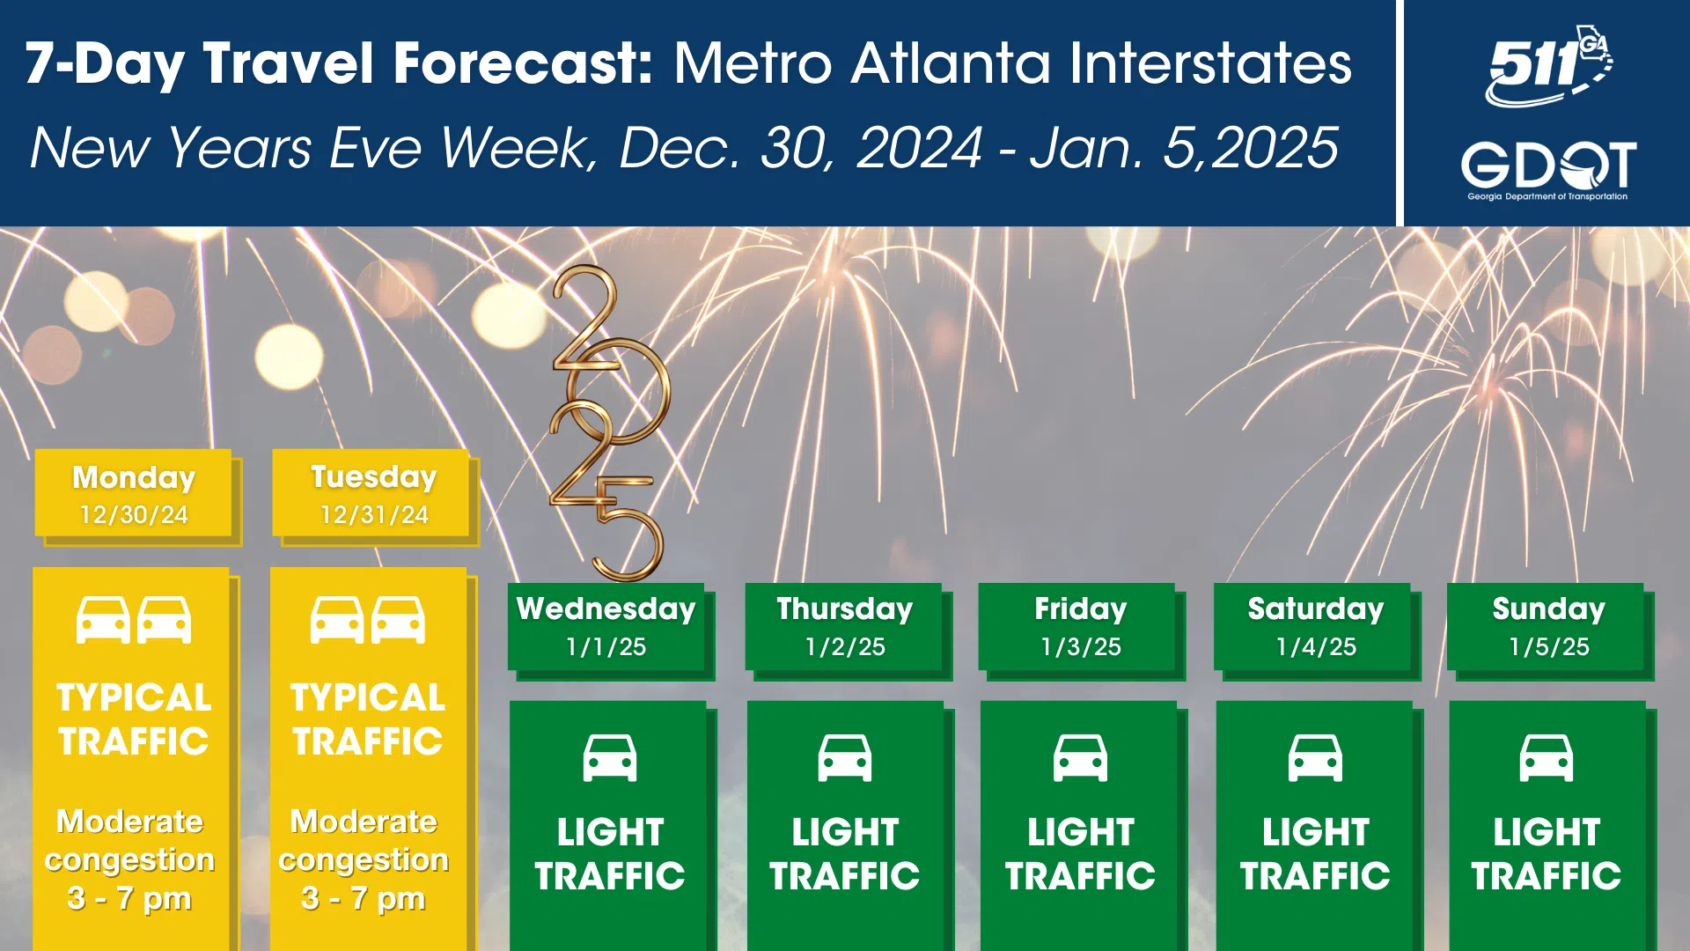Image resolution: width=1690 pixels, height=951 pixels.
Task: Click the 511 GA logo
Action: point(1549,66)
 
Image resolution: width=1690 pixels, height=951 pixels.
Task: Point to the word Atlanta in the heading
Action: point(952,63)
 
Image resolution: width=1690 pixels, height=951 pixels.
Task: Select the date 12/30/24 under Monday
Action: point(134,515)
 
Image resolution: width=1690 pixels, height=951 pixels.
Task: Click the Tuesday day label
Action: point(374,477)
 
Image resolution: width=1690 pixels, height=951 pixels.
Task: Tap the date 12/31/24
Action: point(374,515)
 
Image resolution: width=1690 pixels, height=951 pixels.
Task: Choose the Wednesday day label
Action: point(606,608)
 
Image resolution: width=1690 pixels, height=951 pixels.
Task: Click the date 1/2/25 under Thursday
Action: point(845,647)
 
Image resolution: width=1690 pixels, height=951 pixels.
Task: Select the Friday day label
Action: point(1081,608)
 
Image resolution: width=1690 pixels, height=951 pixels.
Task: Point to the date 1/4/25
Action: point(1316,647)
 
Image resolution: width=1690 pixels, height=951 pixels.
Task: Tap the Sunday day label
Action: point(1549,608)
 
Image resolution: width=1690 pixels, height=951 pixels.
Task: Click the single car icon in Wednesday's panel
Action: point(610,758)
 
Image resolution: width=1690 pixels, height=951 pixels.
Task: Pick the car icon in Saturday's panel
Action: point(1316,758)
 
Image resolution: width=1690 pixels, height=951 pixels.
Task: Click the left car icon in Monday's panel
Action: point(103,620)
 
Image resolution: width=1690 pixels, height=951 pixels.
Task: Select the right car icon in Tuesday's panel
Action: point(398,620)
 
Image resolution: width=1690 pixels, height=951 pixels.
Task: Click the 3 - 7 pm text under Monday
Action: point(129,898)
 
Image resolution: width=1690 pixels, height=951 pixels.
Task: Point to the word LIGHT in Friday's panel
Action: point(1081,832)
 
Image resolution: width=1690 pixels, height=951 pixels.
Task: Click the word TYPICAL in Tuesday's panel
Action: point(368,697)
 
